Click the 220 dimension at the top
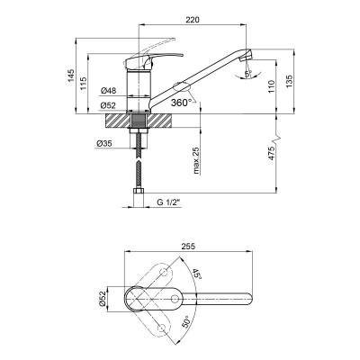click(193, 20)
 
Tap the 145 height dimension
click(70, 76)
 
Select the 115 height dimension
click(83, 84)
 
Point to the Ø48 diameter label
click(108, 90)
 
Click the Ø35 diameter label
click(104, 144)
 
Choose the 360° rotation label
click(182, 103)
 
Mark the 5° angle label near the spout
click(248, 74)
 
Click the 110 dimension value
click(272, 86)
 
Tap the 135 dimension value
click(289, 82)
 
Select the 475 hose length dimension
click(271, 154)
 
